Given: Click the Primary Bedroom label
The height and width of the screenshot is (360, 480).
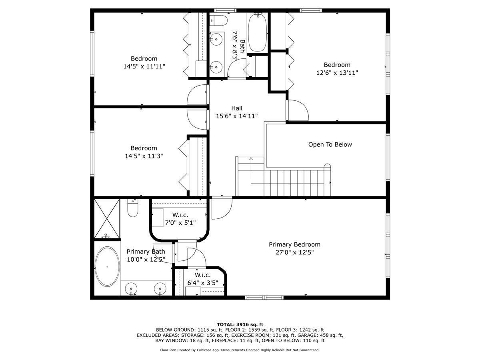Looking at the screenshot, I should pos(294,244).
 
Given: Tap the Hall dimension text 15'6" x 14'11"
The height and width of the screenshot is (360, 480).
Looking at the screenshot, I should pos(236,116).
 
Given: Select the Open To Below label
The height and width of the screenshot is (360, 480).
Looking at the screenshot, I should pos(330,144).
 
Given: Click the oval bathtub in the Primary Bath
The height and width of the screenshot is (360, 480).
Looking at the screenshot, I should pos(107,267).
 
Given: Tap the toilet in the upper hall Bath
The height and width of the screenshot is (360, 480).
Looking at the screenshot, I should pos(219,20).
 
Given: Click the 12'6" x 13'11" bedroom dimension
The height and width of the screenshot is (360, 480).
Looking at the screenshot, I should pos(337,73).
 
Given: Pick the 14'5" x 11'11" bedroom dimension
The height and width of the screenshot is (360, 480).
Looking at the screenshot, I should pos(144,66).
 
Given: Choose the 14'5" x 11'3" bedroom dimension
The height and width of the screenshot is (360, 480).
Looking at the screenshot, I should pos(144,156).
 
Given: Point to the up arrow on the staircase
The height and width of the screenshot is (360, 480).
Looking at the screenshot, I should pos(251,159).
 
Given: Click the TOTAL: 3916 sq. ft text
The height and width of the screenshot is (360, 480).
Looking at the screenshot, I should pos(240,324).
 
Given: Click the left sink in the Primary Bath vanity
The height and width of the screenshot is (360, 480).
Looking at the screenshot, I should pos(131,288).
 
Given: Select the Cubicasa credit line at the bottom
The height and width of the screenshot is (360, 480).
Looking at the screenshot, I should pos(240,350).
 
